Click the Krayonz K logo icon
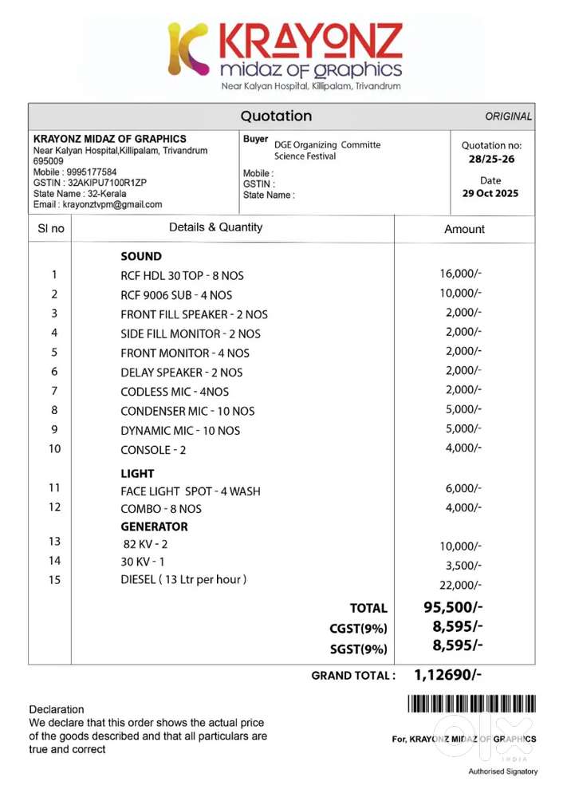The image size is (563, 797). click(188, 49)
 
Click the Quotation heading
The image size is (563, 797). click(276, 116)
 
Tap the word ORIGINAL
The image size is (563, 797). click(508, 116)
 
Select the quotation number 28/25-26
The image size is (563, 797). click(491, 160)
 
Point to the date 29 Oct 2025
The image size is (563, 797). click(490, 194)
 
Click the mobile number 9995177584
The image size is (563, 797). click(93, 172)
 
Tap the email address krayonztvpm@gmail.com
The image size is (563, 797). click(112, 204)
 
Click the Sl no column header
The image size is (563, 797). click(51, 228)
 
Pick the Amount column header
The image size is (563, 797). click(464, 229)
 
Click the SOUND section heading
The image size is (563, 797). click(141, 257)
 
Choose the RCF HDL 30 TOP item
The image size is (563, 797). click(182, 276)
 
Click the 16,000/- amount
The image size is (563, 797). click(460, 274)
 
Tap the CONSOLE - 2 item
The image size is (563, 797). click(153, 450)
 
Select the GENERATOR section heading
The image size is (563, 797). click(154, 527)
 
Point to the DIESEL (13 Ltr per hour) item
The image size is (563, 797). click(183, 579)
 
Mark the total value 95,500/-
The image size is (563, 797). click(452, 607)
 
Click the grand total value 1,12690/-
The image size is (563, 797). click(447, 675)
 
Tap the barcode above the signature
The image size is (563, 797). click(471, 704)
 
